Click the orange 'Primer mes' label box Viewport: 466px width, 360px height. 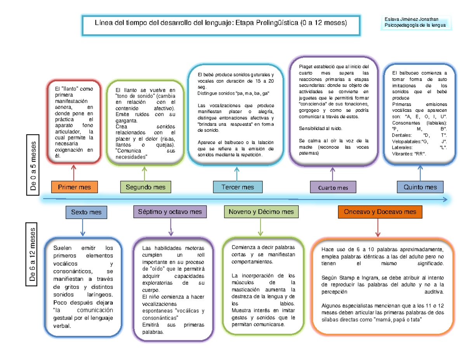[x=74, y=187]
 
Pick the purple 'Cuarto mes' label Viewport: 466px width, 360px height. [x=333, y=188]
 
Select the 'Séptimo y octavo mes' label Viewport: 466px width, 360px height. [x=170, y=212]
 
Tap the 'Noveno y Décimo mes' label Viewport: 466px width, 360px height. [x=261, y=212]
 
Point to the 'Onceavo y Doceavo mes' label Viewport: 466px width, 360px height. [x=377, y=212]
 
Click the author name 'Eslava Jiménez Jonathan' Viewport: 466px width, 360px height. [x=411, y=20]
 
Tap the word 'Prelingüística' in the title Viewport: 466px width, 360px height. [x=277, y=23]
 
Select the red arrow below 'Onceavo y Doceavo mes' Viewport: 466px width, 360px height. [x=377, y=227]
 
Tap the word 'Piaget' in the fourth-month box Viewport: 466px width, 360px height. [x=307, y=67]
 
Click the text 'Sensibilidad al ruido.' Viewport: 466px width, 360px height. [x=320, y=129]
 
